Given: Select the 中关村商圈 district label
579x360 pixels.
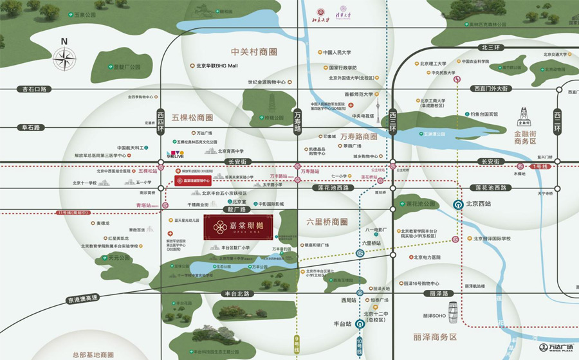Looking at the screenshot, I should point(253,51).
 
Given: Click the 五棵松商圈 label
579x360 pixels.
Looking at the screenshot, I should point(192,118).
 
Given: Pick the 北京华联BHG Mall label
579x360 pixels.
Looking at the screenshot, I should point(215,66).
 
